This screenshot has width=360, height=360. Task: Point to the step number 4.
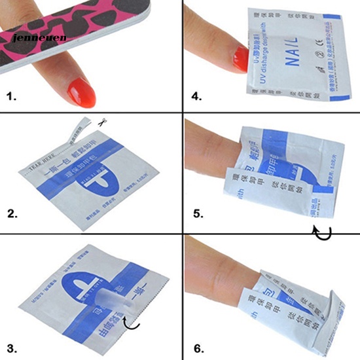(194, 97)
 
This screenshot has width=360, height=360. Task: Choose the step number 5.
(194, 213)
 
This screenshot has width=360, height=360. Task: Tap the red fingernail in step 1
(82, 92)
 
